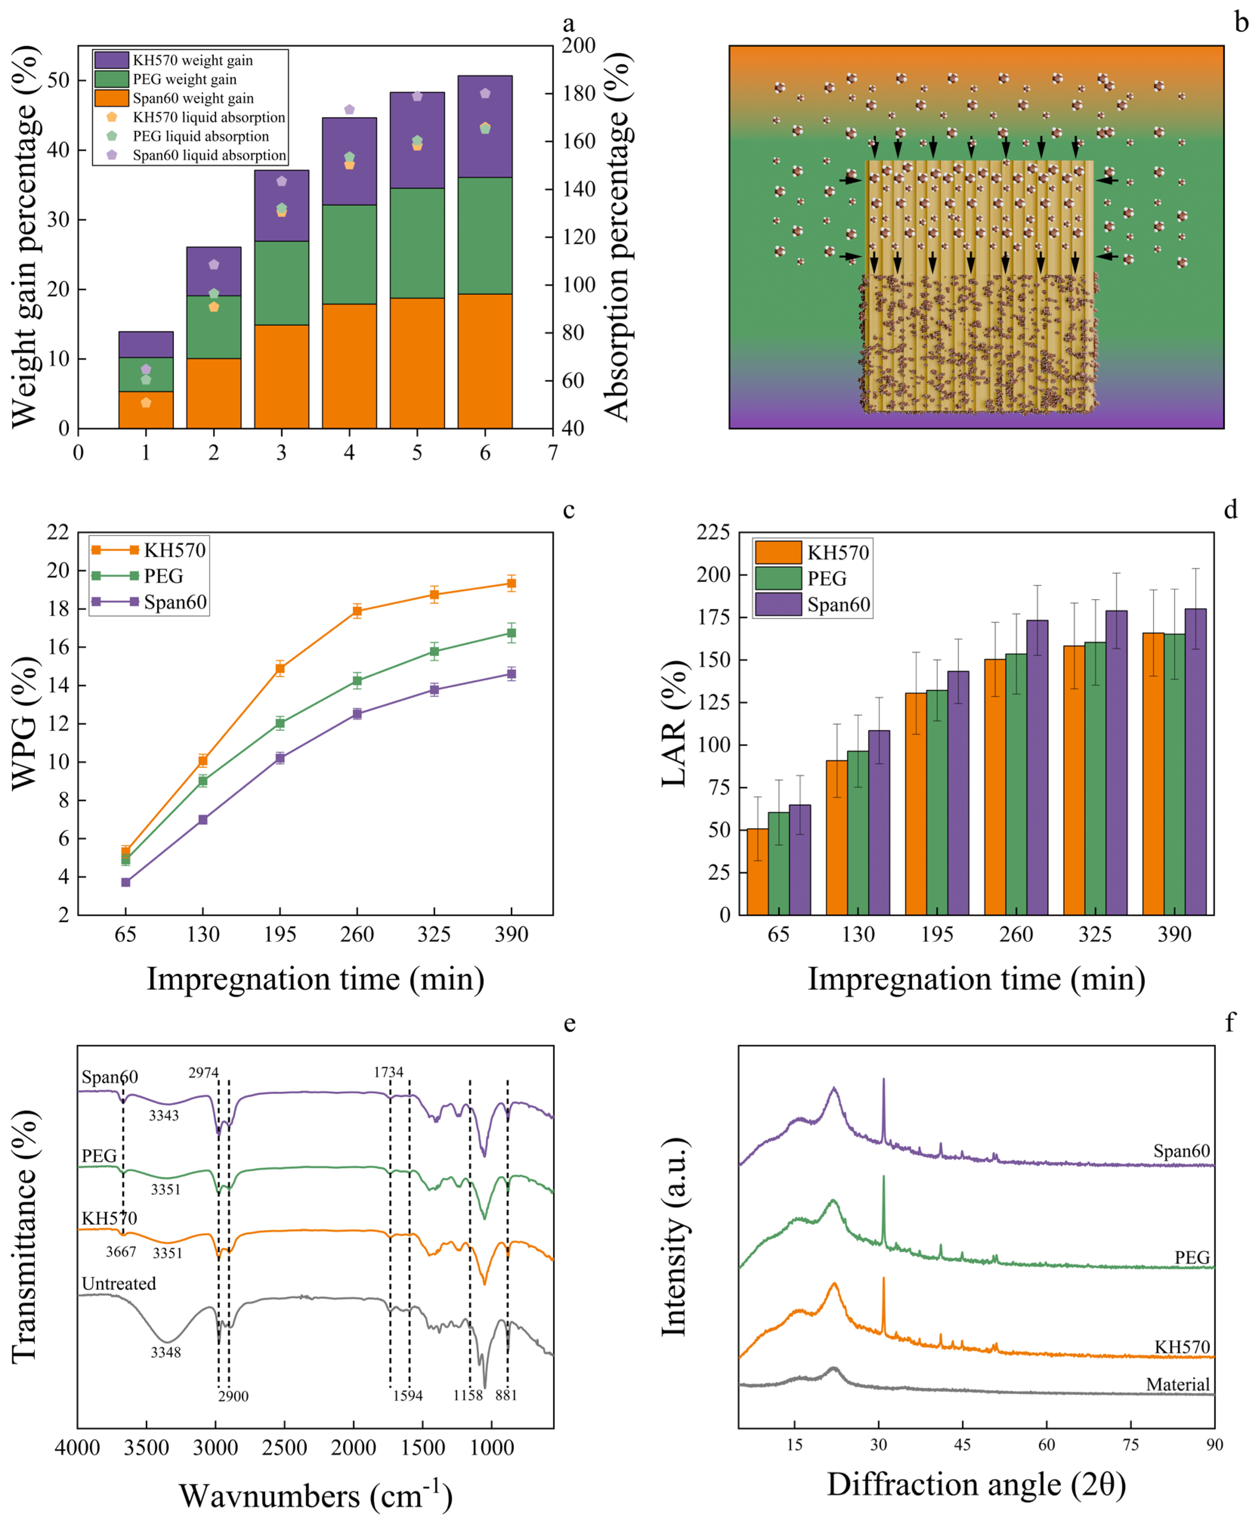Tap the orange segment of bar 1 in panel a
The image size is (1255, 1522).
145,409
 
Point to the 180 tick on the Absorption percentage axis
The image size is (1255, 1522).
578,93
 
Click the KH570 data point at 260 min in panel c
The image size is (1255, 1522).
357,611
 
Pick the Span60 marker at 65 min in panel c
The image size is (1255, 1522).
126,882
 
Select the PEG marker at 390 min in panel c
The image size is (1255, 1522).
511,633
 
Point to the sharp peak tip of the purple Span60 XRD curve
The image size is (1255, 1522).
884,1079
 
